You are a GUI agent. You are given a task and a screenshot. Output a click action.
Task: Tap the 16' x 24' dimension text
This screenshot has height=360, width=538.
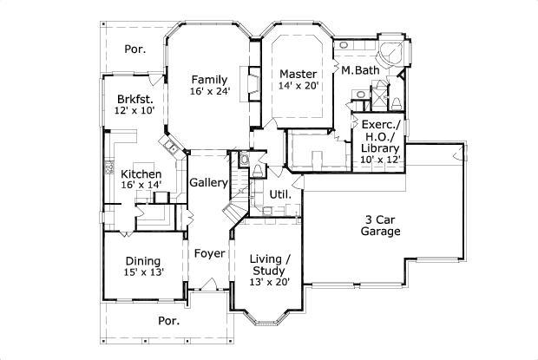(210, 90)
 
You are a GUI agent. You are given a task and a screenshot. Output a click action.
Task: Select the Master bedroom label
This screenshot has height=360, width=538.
(299, 73)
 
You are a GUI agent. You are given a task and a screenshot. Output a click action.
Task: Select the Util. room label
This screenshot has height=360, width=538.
(279, 194)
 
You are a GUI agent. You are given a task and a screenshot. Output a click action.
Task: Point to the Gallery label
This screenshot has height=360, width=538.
(209, 183)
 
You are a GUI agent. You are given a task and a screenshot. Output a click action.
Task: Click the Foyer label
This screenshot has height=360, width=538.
(209, 254)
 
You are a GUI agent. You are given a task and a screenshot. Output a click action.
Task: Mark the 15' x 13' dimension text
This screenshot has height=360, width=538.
(142, 272)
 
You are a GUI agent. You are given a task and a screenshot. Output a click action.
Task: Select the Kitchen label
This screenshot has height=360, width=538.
(141, 174)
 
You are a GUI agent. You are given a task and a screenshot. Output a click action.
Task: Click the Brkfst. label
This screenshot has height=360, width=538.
(134, 99)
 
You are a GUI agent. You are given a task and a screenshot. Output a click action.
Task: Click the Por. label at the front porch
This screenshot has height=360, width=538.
(168, 320)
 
